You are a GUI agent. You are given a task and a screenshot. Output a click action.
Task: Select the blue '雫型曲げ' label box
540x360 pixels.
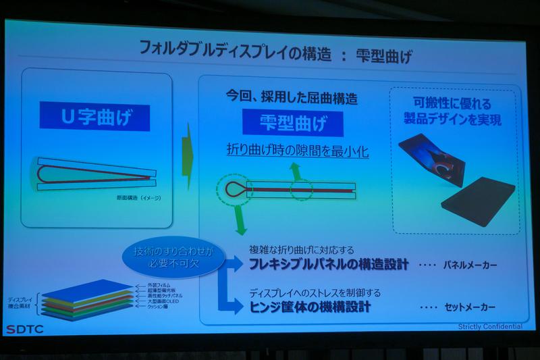293,124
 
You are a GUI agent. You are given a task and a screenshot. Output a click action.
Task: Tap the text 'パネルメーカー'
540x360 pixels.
471,265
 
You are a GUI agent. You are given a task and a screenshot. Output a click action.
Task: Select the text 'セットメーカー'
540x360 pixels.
470,307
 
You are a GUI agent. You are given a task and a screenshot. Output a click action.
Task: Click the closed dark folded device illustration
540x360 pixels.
477,201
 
